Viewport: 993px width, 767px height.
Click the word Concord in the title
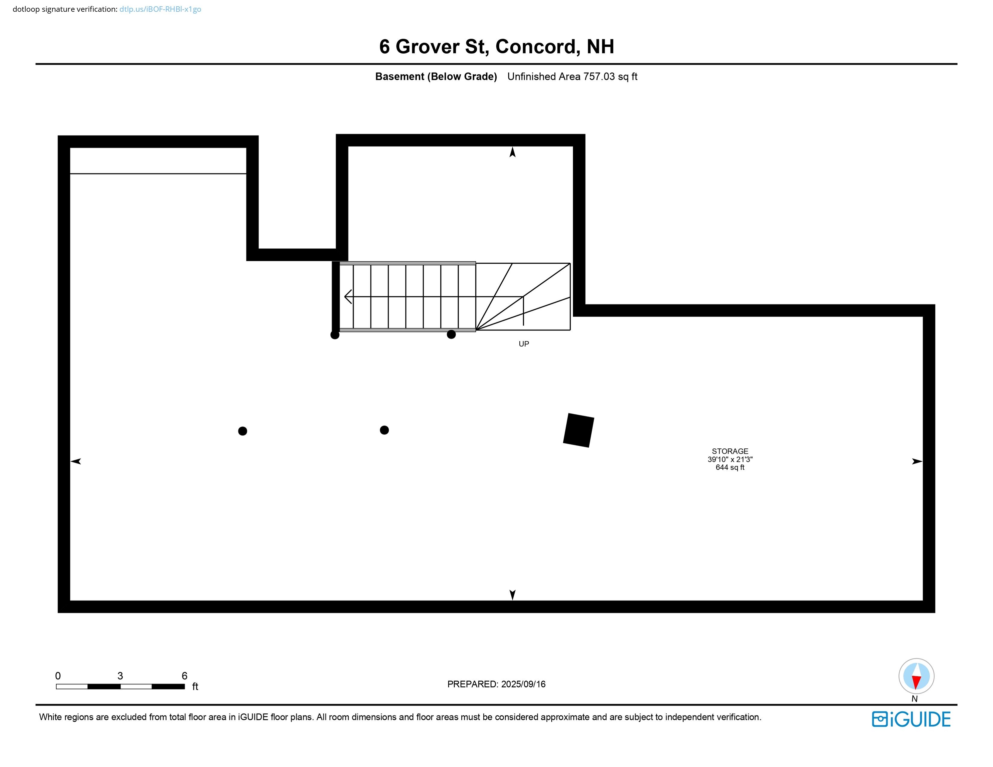537,47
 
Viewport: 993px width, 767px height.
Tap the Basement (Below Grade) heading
436,77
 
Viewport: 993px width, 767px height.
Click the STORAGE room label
730,451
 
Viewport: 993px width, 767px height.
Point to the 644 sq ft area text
730,468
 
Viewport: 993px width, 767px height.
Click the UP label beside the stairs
524,344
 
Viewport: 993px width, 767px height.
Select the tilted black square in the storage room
578,430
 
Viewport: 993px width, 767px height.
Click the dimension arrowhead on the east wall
917,462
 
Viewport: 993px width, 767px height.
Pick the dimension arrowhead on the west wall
76,462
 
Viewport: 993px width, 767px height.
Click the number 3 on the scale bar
120,676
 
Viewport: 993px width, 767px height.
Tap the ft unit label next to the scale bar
195,686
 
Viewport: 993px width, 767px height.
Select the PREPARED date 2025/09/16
523,684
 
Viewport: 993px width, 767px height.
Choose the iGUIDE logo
911,719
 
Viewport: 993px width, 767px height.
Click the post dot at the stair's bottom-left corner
335,335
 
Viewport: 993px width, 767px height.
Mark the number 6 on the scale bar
184,676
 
